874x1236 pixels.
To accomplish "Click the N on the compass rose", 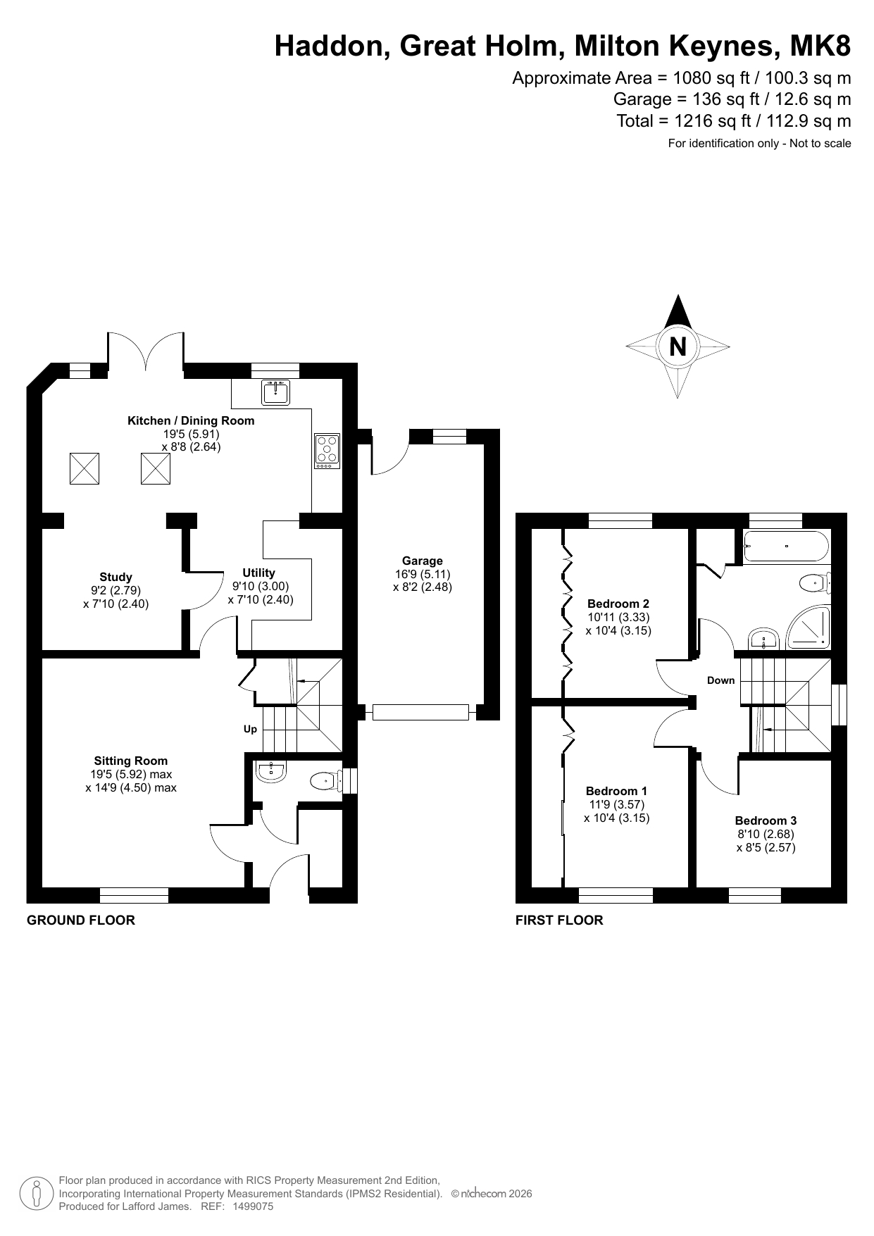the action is pyautogui.click(x=678, y=347).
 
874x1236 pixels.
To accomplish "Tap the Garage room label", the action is pyautogui.click(x=423, y=561).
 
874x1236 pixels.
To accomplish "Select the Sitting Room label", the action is pyautogui.click(x=131, y=761).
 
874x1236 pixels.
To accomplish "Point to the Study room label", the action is pyautogui.click(x=116, y=577).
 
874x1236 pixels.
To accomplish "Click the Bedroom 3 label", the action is pyautogui.click(x=766, y=820).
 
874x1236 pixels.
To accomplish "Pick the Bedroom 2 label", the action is pyautogui.click(x=618, y=604).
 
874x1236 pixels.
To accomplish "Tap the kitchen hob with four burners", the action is pyautogui.click(x=327, y=451).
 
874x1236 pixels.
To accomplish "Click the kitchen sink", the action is pyautogui.click(x=275, y=392).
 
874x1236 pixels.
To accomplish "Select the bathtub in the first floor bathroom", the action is pyautogui.click(x=787, y=546).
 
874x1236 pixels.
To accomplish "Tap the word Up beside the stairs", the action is pyautogui.click(x=250, y=729).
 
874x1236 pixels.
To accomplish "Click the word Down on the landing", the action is pyautogui.click(x=720, y=680).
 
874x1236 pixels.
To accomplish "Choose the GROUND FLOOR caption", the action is pyautogui.click(x=80, y=920).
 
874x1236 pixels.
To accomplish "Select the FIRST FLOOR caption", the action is pyautogui.click(x=559, y=920).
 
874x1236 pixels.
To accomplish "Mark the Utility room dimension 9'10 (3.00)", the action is pyautogui.click(x=261, y=586).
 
